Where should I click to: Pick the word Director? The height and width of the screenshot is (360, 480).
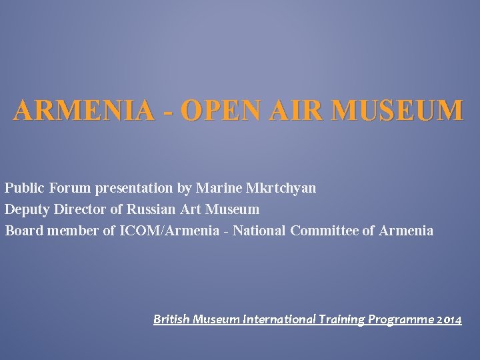(x=80, y=210)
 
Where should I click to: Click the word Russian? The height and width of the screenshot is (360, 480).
(x=151, y=210)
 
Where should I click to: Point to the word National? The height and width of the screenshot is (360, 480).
(x=259, y=231)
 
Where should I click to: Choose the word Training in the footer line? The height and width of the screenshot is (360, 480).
(x=342, y=320)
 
